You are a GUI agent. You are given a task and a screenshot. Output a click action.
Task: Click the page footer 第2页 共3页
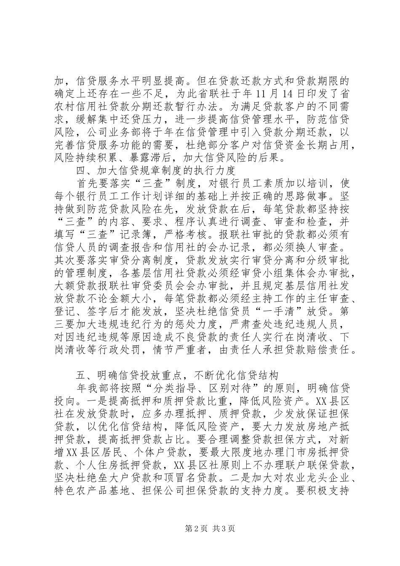(200, 541)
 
